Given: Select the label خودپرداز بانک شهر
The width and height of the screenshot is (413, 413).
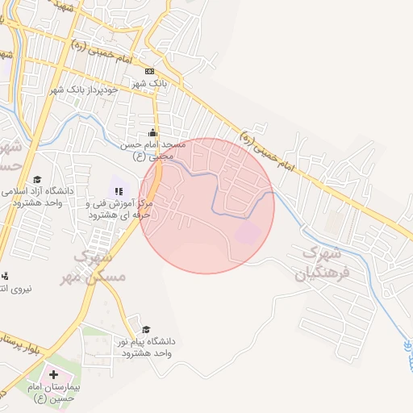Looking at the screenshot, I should (85, 89).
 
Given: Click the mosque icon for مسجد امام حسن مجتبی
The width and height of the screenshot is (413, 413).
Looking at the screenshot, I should (153, 133).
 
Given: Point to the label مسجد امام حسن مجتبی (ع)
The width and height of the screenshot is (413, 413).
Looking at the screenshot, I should (154, 150).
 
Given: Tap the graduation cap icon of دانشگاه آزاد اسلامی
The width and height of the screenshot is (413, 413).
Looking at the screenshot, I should (37, 180).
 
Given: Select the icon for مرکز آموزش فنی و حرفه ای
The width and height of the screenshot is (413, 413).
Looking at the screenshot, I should (118, 191).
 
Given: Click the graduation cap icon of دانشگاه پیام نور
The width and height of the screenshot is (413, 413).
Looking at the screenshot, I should (146, 329).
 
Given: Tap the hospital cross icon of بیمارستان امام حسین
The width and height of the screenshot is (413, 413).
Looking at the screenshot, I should (54, 374).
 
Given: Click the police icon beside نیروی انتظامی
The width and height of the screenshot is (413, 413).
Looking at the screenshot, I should (4, 276).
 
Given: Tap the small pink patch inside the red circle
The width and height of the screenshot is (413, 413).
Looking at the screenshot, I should (248, 233).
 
